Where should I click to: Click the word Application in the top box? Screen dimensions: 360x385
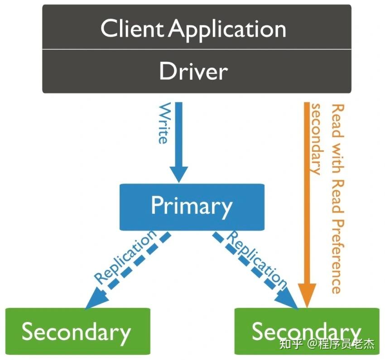[x=228, y=30]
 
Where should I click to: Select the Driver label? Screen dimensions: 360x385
[x=193, y=72]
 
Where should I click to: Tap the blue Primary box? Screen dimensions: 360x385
[x=191, y=206]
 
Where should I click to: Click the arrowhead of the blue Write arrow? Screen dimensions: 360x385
[x=178, y=173]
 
